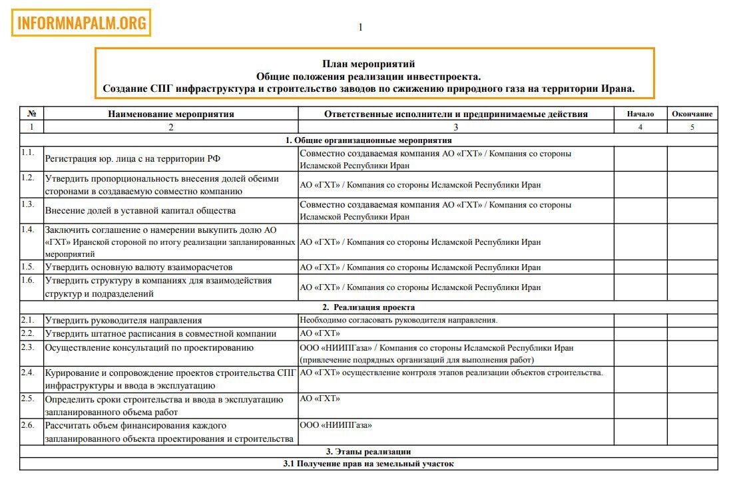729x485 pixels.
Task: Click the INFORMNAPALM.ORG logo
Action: (81, 23)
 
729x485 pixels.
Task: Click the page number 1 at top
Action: (360, 27)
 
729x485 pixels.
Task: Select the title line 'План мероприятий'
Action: (369, 64)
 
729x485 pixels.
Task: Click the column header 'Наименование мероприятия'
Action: (171, 114)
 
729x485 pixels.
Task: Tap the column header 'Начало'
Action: (640, 114)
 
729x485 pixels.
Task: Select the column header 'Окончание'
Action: (692, 114)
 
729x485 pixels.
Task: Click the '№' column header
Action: (31, 114)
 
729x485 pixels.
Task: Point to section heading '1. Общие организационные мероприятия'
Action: (369, 140)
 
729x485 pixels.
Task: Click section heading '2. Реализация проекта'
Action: (369, 307)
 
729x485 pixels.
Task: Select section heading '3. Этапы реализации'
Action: (369, 452)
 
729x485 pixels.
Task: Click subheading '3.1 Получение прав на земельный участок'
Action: (369, 464)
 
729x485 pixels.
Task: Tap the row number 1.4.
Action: (27, 230)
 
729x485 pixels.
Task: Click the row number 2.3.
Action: (27, 347)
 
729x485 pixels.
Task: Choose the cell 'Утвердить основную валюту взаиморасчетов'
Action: (138, 267)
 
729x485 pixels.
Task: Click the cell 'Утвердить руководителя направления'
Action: (123, 321)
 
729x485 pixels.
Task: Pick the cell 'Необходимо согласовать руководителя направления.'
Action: (399, 321)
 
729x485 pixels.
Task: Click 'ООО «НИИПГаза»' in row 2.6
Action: (336, 425)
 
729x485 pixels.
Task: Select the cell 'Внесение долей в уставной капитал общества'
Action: (140, 211)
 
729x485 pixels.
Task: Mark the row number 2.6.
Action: (27, 425)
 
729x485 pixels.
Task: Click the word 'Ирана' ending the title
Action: (616, 88)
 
